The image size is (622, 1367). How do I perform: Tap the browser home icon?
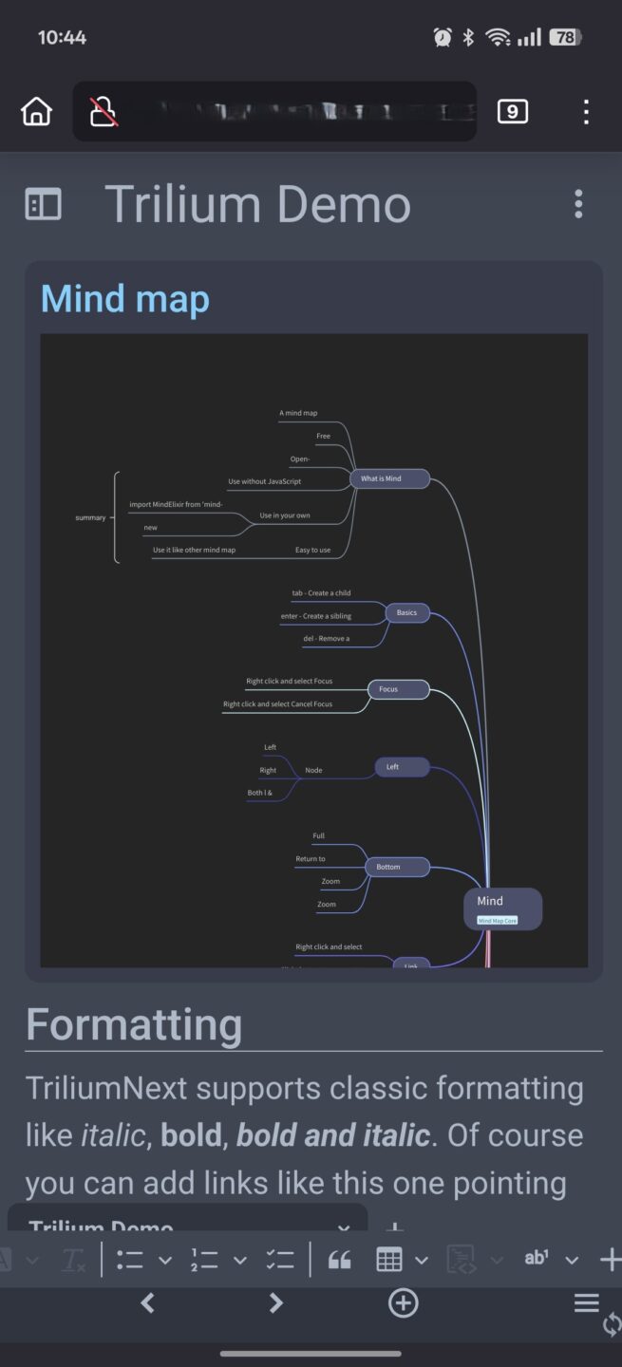coord(36,112)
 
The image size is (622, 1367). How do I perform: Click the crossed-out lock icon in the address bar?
coord(103,112)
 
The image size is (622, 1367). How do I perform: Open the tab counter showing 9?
coord(512,112)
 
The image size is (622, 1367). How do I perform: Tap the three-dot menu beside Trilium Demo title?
coord(578,204)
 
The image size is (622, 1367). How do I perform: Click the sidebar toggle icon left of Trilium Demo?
coord(43,204)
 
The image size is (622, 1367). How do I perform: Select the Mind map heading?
coord(124,299)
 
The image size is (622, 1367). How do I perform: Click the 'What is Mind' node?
coord(389,478)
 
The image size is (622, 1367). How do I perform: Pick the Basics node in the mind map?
coord(406,612)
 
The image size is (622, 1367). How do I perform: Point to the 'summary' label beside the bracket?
coord(90,517)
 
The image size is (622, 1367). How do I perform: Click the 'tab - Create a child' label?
coord(321,593)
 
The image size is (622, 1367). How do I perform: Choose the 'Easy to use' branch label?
coord(312,550)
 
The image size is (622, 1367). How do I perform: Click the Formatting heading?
coord(134,1025)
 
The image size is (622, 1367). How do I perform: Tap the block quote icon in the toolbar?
coord(339,1260)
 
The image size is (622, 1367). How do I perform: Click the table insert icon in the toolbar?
coord(389,1260)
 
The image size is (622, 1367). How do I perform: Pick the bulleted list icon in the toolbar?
coord(130,1260)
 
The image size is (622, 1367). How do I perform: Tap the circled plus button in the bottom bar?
coord(404,1303)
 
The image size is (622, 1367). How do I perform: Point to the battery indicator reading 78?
coord(566,38)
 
